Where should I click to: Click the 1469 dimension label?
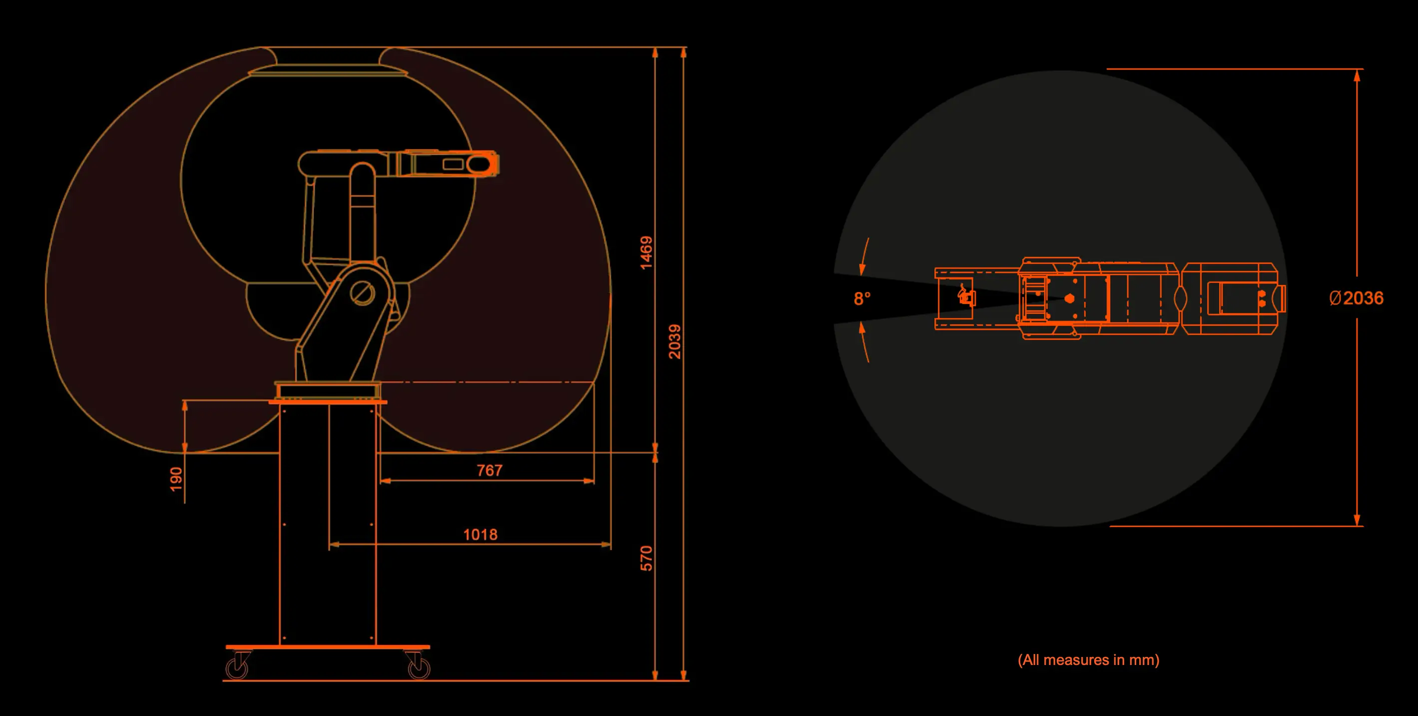click(646, 253)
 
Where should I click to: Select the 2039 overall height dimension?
click(675, 341)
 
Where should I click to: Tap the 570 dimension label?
click(646, 558)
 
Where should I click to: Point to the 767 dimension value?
click(489, 470)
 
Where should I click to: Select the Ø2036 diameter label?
click(1356, 298)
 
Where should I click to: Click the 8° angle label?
click(862, 298)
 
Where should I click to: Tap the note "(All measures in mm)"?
click(1088, 660)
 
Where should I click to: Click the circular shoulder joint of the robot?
click(363, 293)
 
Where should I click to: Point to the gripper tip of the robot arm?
click(497, 164)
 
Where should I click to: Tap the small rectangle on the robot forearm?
click(453, 164)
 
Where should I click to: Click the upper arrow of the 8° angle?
click(864, 256)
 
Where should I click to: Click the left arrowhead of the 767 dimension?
click(385, 481)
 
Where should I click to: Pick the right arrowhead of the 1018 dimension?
click(606, 544)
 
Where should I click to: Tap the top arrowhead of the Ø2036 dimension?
click(1357, 75)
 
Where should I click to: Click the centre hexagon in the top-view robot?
click(1069, 298)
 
